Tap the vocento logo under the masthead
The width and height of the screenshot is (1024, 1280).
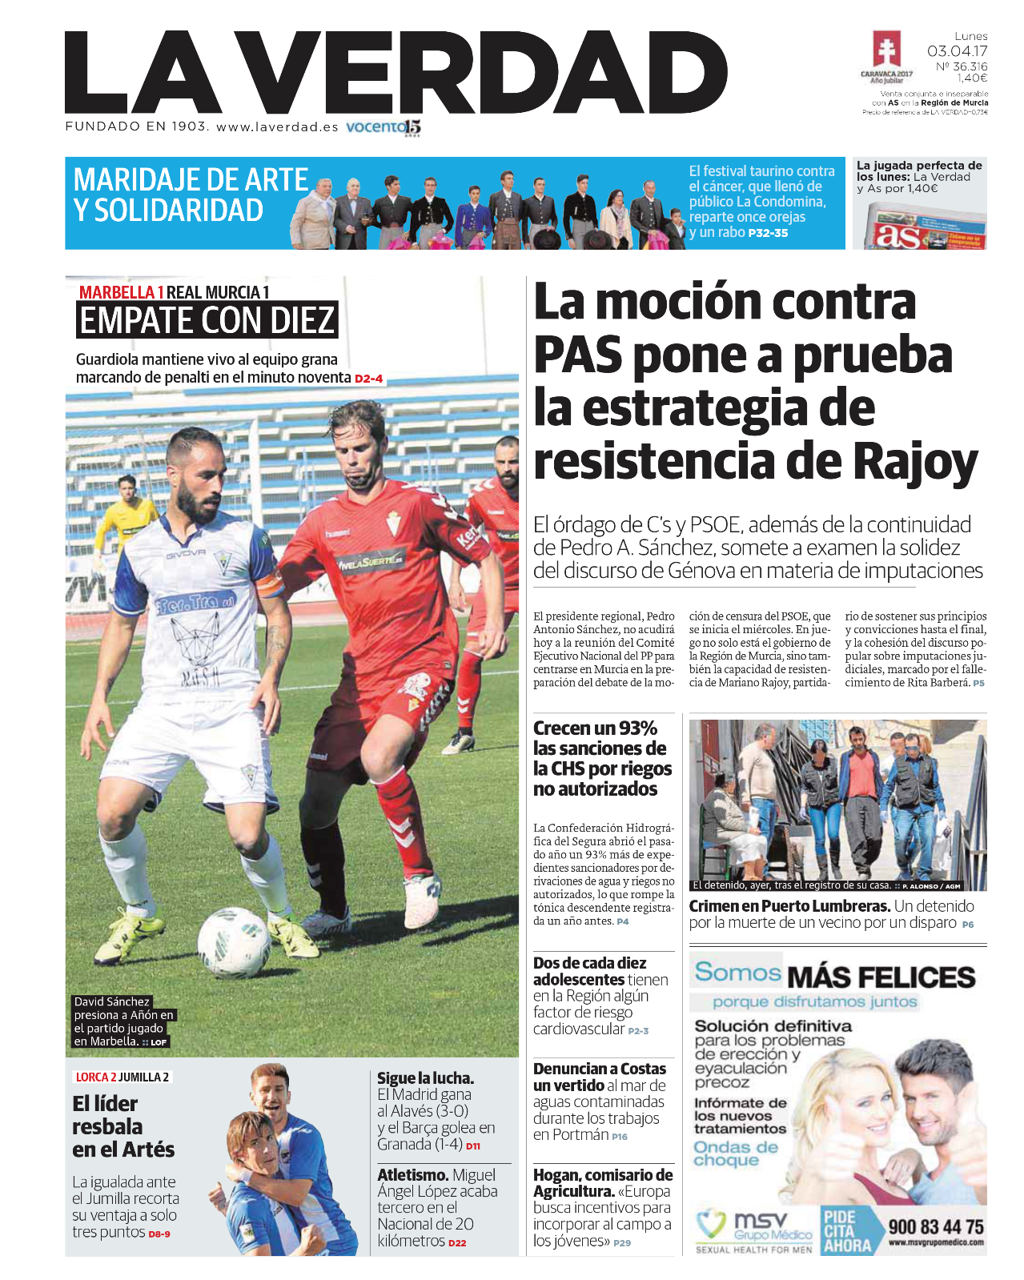tap(383, 127)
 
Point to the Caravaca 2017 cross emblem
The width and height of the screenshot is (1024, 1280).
tap(886, 53)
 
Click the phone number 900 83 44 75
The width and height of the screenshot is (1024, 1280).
tap(936, 1227)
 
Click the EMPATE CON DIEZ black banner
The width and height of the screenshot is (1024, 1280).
tap(207, 320)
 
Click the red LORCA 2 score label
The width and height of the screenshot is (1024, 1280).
tap(96, 1077)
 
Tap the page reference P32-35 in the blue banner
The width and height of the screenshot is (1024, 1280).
tap(768, 233)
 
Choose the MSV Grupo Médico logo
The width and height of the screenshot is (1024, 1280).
tap(753, 1229)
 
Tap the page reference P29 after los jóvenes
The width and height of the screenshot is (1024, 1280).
tap(622, 1243)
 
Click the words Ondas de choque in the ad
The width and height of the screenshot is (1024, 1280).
tap(735, 1154)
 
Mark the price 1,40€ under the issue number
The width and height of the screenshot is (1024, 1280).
tap(972, 78)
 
